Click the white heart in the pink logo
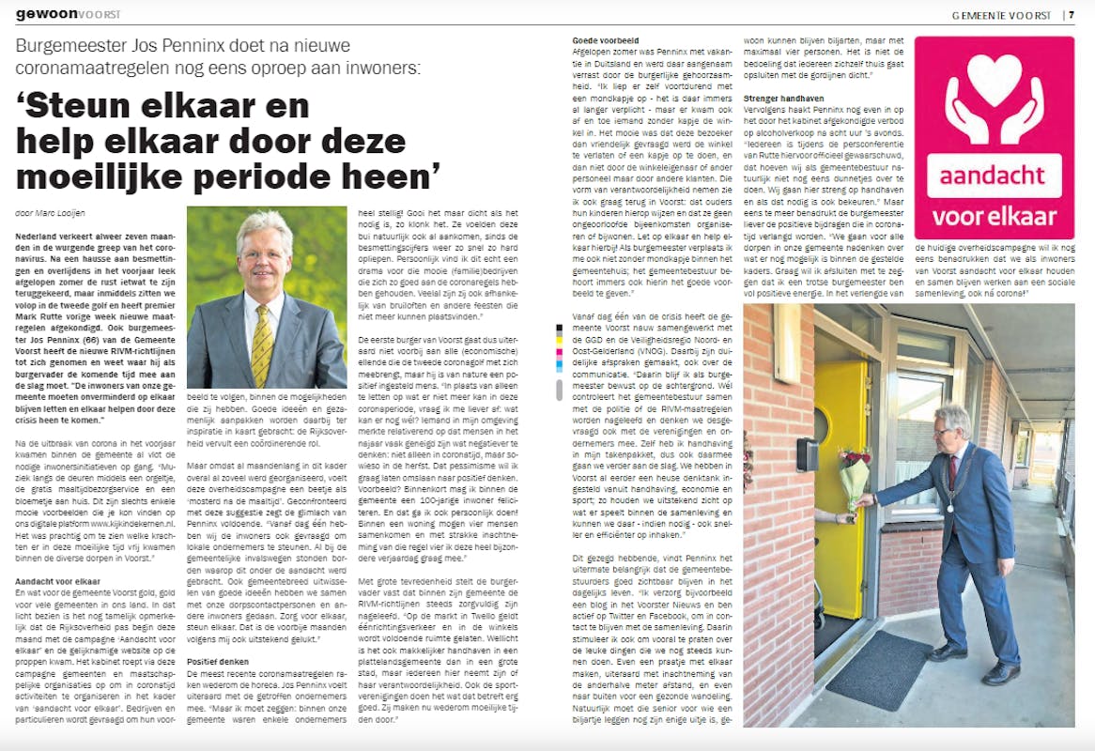point(994,79)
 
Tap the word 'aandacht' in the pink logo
point(994,176)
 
